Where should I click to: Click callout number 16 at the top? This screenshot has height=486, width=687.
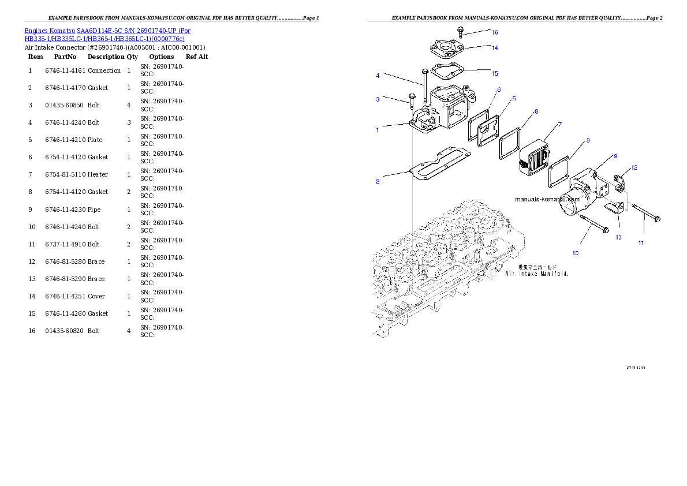(x=495, y=32)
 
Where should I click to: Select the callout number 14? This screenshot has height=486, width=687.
(x=495, y=48)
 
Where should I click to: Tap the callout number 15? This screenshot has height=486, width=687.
(x=495, y=73)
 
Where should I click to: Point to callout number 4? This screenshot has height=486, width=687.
(x=378, y=76)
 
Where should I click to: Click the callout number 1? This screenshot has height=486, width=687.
(x=378, y=130)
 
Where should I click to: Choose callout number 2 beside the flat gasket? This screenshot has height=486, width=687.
(x=378, y=182)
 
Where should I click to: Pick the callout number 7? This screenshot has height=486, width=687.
(x=559, y=124)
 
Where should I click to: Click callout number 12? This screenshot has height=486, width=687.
(x=634, y=168)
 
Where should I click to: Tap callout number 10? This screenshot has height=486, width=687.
(x=575, y=253)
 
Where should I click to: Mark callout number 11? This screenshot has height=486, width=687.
(x=641, y=243)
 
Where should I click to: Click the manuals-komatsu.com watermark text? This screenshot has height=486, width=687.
(x=547, y=199)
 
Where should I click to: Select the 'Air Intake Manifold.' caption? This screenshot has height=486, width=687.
(x=537, y=274)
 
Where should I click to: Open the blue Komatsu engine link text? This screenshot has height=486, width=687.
(x=107, y=34)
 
